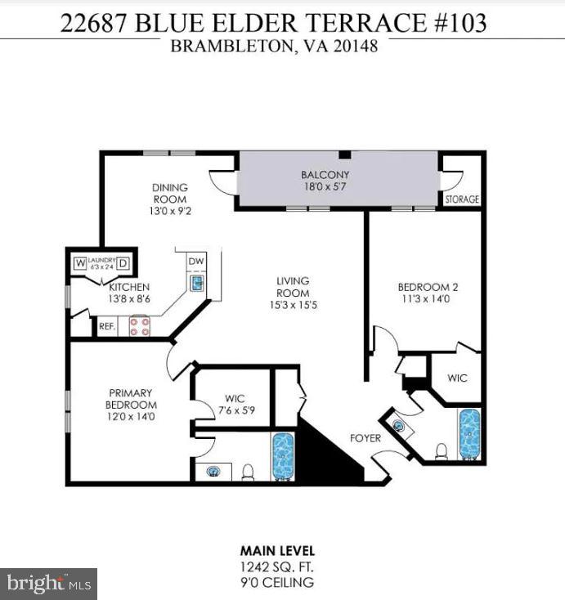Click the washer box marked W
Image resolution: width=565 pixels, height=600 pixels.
(x=80, y=263)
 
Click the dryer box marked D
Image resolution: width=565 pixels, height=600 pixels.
(x=123, y=263)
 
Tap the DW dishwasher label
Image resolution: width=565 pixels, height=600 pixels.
(x=195, y=262)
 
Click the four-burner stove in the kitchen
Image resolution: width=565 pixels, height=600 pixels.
(x=139, y=326)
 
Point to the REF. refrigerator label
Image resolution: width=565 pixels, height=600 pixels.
(x=107, y=326)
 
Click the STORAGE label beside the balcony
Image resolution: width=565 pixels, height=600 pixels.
(x=462, y=199)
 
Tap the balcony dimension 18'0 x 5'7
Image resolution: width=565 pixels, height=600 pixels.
(x=325, y=187)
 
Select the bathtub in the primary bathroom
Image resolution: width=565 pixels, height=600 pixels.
(x=283, y=456)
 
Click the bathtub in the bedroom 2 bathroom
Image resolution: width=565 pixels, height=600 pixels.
(x=469, y=433)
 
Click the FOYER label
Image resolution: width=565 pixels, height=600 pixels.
(x=365, y=438)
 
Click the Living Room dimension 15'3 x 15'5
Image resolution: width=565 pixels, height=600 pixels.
(x=292, y=305)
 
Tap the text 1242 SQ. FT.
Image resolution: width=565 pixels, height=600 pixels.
(x=276, y=566)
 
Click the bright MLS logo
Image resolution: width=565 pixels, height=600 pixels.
(x=48, y=584)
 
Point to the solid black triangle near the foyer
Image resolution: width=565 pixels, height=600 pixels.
(x=327, y=458)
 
